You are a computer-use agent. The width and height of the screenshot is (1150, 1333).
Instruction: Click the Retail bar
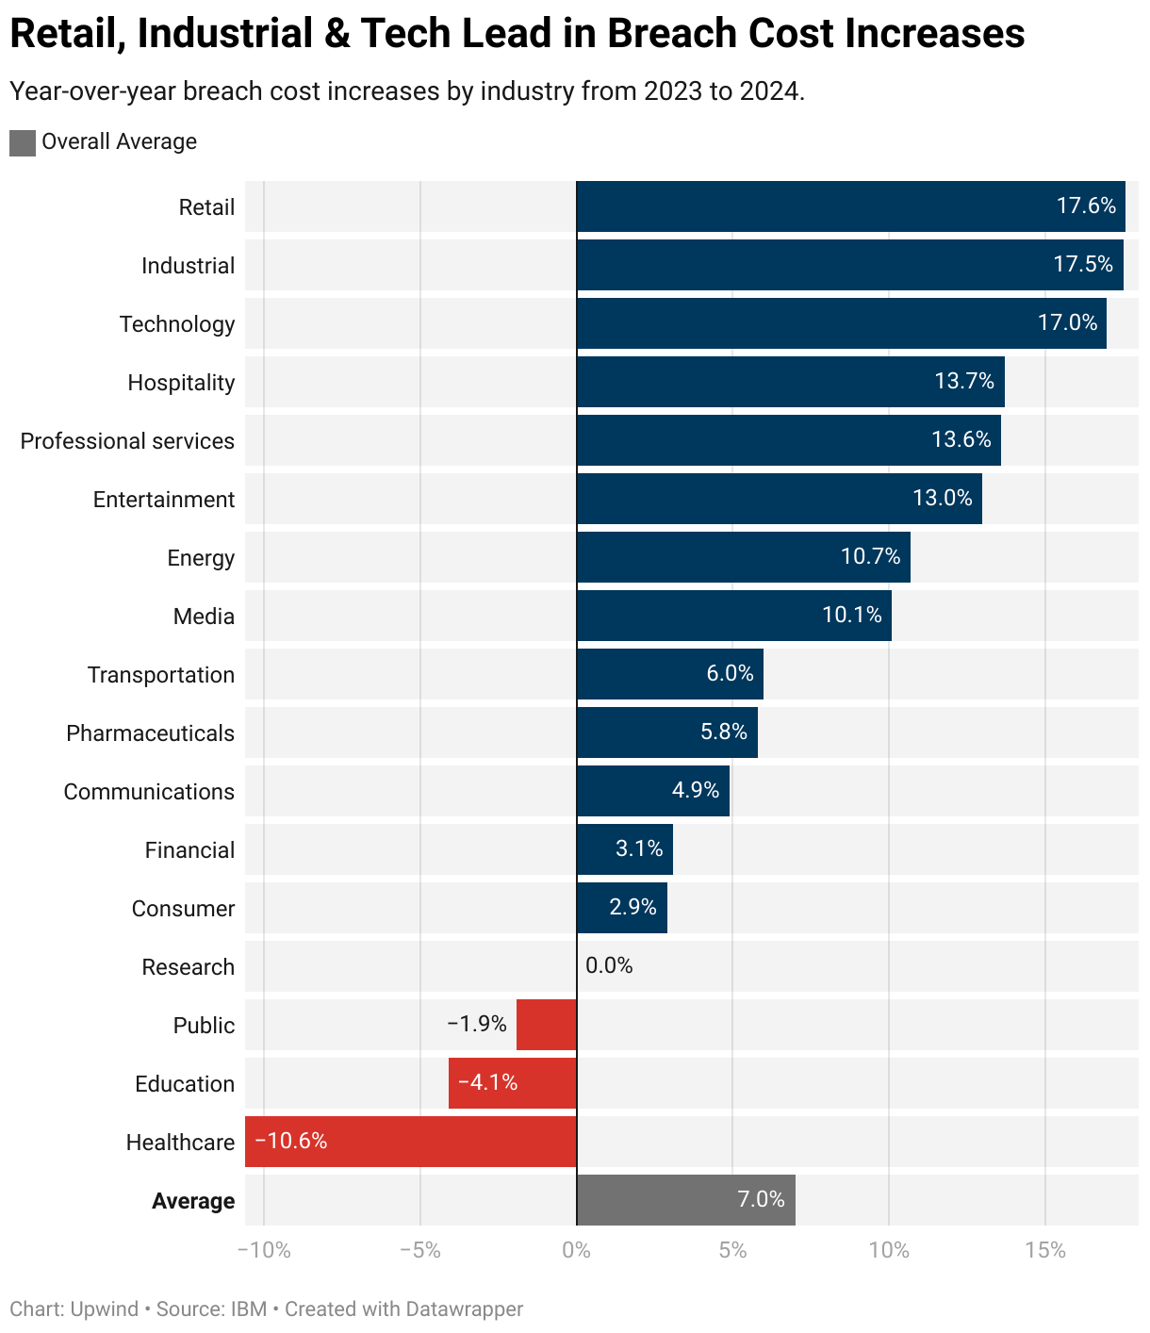[x=850, y=206]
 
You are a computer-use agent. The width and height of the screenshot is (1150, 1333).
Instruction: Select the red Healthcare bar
[x=411, y=1142]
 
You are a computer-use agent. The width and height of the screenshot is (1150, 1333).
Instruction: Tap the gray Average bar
[x=685, y=1200]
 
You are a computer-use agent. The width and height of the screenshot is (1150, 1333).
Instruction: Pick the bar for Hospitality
[x=790, y=382]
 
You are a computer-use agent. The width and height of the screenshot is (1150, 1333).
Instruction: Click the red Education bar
[x=512, y=1083]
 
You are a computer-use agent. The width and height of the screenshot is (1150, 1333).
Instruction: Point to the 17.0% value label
[x=1067, y=323]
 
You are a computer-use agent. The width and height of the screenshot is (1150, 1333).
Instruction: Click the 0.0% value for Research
[x=609, y=965]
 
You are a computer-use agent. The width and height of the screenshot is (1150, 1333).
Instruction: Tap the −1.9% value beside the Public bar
[x=477, y=1024]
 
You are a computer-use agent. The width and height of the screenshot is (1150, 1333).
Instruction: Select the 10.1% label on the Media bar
[x=852, y=616]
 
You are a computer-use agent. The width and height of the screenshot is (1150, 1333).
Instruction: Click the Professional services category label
[x=127, y=441]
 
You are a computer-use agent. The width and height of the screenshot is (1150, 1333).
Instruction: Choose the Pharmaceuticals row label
[x=150, y=733]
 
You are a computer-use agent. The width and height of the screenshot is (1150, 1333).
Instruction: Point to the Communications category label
[x=149, y=792]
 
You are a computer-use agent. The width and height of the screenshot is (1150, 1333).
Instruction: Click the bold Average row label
[x=193, y=1201]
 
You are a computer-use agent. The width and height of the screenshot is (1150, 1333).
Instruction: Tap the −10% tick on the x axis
[x=264, y=1251]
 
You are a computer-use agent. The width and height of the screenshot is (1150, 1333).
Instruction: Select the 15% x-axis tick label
[x=1044, y=1251]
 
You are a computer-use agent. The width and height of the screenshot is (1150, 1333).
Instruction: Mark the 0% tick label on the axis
[x=576, y=1251]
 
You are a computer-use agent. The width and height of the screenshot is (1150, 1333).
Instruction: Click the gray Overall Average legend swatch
[x=23, y=142]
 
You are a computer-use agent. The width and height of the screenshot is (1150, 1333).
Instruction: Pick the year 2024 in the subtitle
[x=769, y=91]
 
